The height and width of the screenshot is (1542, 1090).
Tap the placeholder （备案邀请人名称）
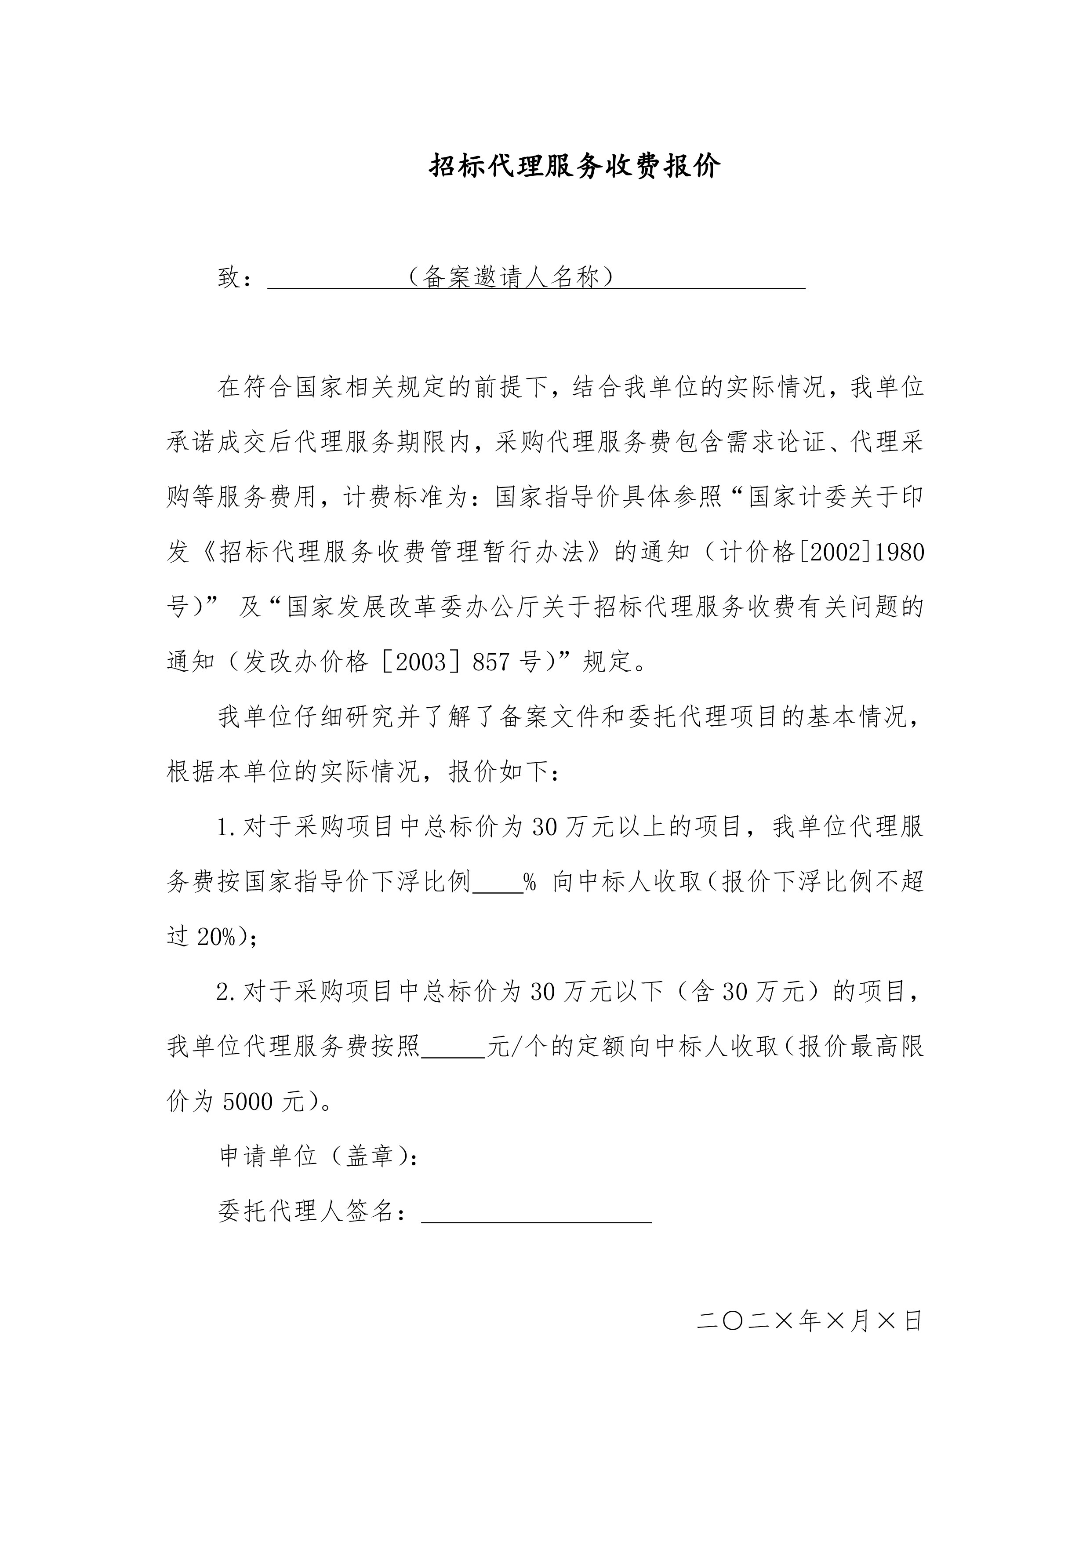(510, 276)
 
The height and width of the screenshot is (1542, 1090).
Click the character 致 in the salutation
(229, 276)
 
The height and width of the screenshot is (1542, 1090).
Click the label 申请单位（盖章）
(319, 1156)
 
